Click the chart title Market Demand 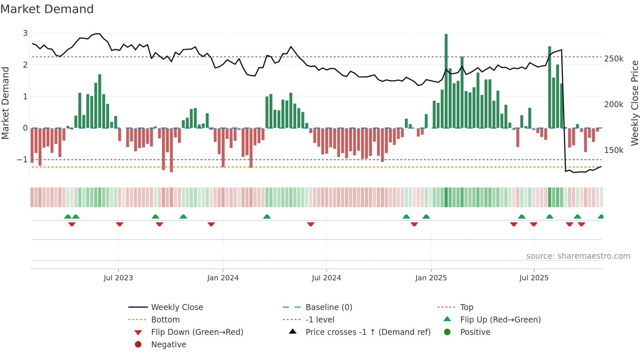47,9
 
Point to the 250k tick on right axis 614,59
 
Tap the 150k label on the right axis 614,150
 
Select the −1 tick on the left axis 22,160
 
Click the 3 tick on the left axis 25,33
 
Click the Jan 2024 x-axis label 223,278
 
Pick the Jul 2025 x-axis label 534,278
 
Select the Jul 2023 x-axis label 118,278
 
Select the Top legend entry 467,307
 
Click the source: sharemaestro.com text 578,256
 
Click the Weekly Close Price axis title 634,103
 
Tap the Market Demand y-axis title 6,103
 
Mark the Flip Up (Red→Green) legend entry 500,320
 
